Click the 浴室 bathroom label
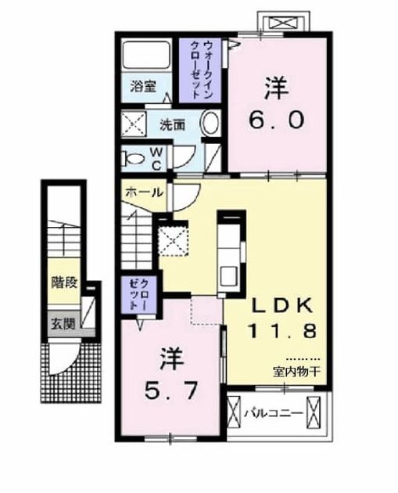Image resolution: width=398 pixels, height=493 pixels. point(143,86)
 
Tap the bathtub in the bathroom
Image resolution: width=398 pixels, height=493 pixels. point(146,55)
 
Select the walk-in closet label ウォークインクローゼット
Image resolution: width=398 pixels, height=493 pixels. point(200,70)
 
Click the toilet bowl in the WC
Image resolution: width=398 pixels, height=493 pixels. point(134,158)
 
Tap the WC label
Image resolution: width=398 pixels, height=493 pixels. point(156,159)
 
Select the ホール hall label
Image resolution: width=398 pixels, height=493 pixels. point(144,192)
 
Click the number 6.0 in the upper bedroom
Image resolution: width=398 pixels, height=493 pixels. point(277,120)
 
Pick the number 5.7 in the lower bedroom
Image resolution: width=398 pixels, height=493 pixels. point(171,390)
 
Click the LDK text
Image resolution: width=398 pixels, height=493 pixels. point(283,305)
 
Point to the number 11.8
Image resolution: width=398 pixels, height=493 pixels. point(281,330)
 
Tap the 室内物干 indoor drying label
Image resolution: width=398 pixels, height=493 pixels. point(296,372)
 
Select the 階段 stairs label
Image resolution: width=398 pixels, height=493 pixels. point(64,282)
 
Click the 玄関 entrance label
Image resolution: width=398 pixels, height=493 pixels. point(64,324)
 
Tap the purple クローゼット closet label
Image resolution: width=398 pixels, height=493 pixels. point(139,295)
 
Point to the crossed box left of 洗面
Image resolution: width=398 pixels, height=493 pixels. point(134,124)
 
